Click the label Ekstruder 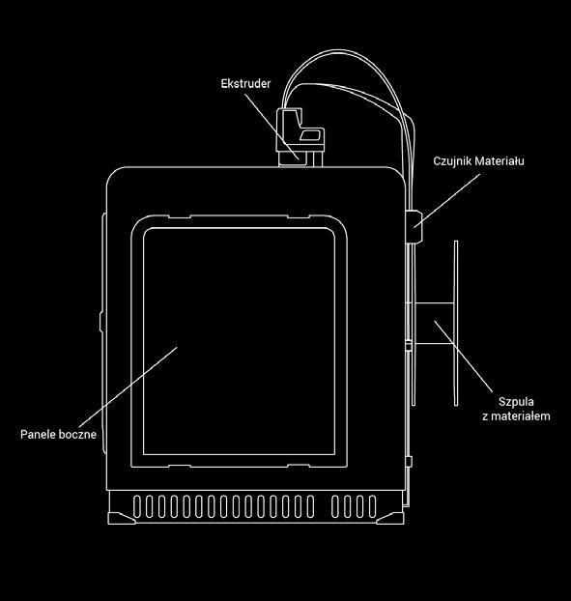245,83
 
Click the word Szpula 516,402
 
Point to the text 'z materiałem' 516,415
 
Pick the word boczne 76,434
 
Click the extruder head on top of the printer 300,137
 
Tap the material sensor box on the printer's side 414,226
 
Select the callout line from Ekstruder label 271,127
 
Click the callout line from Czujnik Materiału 446,201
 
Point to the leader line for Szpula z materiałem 464,357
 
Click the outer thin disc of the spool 456,323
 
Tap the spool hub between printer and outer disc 434,323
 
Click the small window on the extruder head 309,135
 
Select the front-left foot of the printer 121,518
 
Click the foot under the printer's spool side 390,518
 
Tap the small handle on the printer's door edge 100,322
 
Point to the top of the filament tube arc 339,50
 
